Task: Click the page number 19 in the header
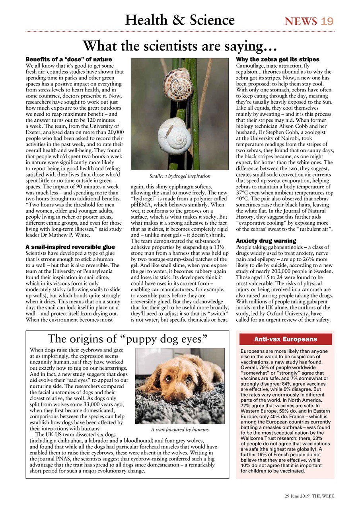pos(327,21)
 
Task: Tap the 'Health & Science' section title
pos(180,20)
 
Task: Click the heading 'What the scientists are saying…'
pos(180,46)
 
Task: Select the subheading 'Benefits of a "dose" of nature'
pos(69,60)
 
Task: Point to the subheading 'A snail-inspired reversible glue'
pos(70,247)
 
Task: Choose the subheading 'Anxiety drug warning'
pos(266,241)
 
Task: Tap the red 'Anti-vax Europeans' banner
pos(285,339)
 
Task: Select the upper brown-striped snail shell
pos(178,82)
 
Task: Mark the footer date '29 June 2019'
pos(297,496)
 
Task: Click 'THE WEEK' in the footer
pos(323,496)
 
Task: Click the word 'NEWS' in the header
pos(301,21)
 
